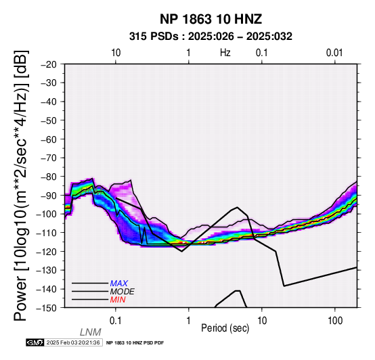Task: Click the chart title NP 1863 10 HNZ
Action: click(x=211, y=19)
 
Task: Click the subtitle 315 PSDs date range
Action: click(x=211, y=37)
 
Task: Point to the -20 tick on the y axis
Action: click(x=49, y=64)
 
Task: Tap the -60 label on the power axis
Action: click(x=49, y=139)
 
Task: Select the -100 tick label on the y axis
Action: click(x=47, y=214)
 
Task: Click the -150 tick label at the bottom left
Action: click(x=47, y=308)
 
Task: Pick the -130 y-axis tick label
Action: click(x=47, y=270)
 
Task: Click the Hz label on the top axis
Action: click(x=225, y=53)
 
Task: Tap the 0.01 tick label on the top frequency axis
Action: click(x=334, y=53)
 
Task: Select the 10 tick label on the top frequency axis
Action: click(x=116, y=53)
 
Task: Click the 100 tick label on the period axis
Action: click(x=335, y=321)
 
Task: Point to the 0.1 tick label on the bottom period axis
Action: click(x=116, y=321)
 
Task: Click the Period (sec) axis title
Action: click(x=225, y=328)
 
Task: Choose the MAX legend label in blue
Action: click(x=119, y=284)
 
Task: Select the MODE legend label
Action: click(x=123, y=292)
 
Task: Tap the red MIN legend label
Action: click(x=118, y=300)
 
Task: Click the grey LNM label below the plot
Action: click(x=91, y=332)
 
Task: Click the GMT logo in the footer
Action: click(x=35, y=342)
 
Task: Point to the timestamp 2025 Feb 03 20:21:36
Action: click(x=73, y=342)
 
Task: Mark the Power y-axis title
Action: click(x=21, y=185)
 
